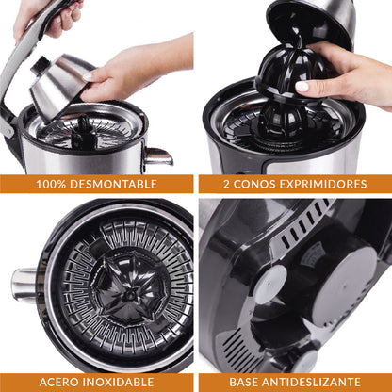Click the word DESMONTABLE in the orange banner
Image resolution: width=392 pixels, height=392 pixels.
pyautogui.click(x=113, y=184)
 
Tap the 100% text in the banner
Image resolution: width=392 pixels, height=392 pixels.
pyautogui.click(x=51, y=184)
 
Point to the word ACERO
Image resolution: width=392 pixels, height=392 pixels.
pyautogui.click(x=58, y=382)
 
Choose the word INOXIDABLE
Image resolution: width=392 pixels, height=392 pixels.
pyautogui.click(x=118, y=382)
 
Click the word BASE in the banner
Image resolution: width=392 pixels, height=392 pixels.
pyautogui.click(x=244, y=382)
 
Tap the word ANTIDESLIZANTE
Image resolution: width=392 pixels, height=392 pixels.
pyautogui.click(x=311, y=382)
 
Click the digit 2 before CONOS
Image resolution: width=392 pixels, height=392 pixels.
pyautogui.click(x=226, y=184)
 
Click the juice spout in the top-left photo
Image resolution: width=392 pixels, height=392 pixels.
pyautogui.click(x=158, y=156)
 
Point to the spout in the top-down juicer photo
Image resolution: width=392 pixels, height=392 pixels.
pyautogui.click(x=24, y=286)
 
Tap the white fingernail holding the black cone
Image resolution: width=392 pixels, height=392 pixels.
pyautogui.click(x=302, y=87)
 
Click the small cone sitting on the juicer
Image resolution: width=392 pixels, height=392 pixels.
pyautogui.click(x=281, y=121)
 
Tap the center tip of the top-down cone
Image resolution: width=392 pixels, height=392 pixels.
pyautogui.click(x=129, y=294)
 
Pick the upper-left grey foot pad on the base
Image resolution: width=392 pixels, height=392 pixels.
pyautogui.click(x=270, y=285)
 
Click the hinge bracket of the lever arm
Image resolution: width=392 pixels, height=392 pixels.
pyautogui.click(x=8, y=124)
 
